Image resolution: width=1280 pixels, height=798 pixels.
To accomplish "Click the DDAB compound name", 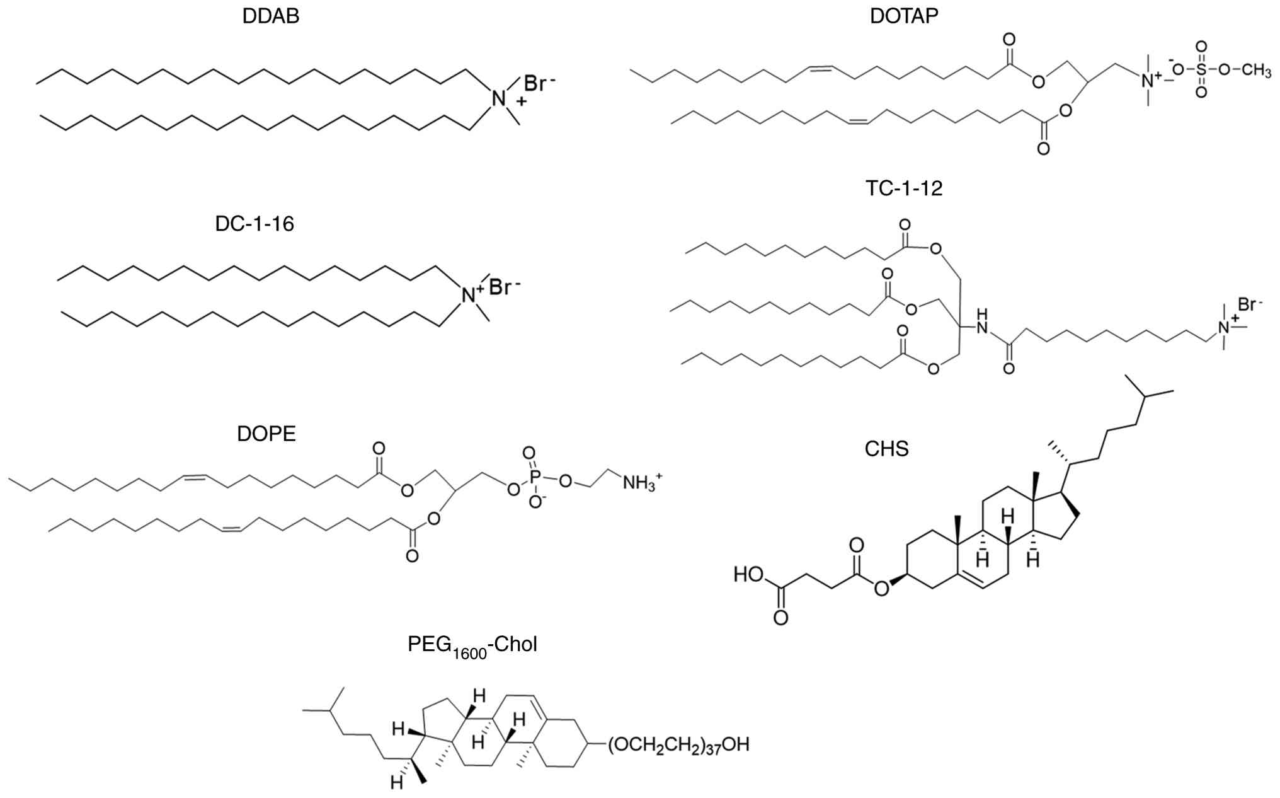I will [x=270, y=16].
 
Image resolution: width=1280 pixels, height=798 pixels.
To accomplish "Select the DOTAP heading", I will [x=904, y=16].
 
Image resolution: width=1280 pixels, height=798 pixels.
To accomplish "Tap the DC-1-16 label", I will [x=254, y=224].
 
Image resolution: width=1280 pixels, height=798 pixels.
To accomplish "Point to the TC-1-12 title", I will [x=904, y=188].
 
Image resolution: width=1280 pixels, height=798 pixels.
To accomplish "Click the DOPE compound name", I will [x=266, y=434].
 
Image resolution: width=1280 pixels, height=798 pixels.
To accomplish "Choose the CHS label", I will [x=886, y=449].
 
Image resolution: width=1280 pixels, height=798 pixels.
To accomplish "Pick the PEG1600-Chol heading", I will [x=472, y=645].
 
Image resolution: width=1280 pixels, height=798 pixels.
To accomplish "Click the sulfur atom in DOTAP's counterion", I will [x=1201, y=70].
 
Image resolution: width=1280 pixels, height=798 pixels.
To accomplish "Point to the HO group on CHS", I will [x=749, y=575].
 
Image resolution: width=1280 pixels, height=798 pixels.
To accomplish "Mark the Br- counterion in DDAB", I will [x=540, y=83].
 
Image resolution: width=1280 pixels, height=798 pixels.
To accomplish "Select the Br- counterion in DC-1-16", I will [x=505, y=287].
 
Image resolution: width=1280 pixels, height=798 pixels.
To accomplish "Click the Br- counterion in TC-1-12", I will [x=1250, y=305].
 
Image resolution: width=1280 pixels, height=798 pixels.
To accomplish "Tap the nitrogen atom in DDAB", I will [x=498, y=98].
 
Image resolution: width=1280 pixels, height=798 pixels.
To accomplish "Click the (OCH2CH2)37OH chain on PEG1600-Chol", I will [x=678, y=745].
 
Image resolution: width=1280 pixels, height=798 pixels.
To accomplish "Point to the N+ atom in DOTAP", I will [x=1149, y=79].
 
